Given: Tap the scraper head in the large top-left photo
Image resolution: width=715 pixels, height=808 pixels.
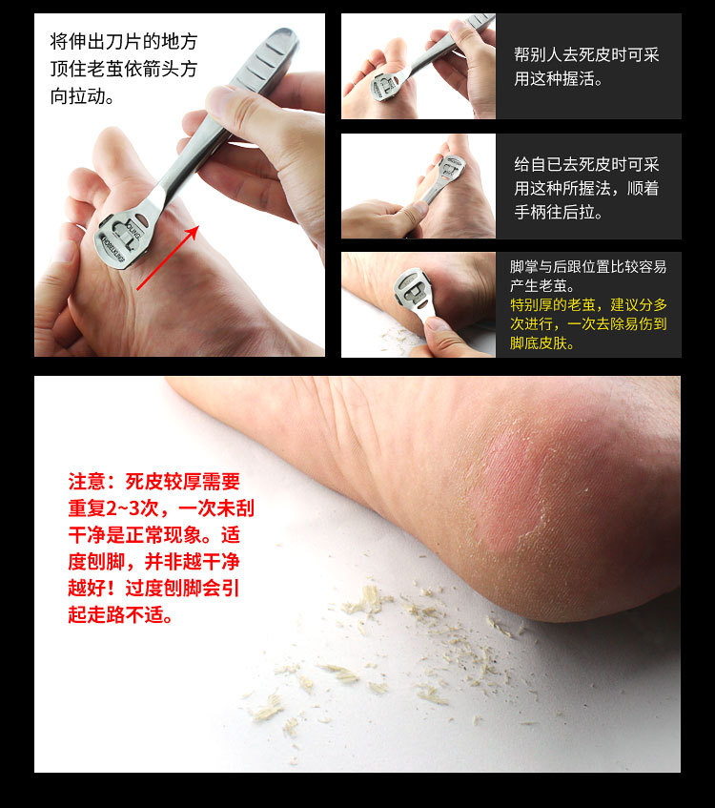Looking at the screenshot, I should tap(123, 236).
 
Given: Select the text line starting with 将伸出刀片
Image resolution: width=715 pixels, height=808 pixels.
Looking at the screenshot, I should tap(124, 42).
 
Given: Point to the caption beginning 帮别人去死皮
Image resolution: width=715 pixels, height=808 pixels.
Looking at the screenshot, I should tap(586, 55).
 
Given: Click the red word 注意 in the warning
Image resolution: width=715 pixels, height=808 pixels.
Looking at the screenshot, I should tap(91, 481).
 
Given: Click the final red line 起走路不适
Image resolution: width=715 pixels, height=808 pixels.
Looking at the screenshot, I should tap(120, 615).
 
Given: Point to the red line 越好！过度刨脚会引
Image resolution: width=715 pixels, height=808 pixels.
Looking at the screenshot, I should tap(153, 589).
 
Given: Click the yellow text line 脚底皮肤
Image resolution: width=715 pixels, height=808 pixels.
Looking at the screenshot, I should tap(542, 343).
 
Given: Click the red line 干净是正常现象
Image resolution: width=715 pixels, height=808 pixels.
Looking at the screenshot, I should tap(153, 534).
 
